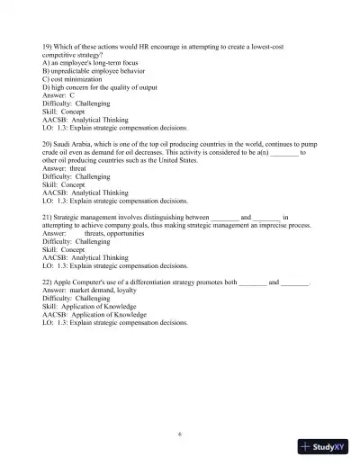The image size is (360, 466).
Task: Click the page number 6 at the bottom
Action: pyautogui.click(x=180, y=434)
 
